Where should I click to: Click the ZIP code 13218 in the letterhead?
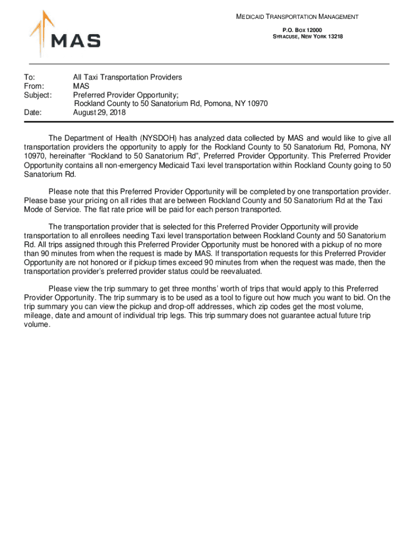(x=334, y=36)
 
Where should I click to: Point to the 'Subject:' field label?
(x=37, y=95)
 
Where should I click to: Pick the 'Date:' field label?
(x=33, y=113)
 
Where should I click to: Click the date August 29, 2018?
(x=100, y=113)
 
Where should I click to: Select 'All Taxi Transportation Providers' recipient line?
(x=127, y=77)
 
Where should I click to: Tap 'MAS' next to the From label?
(x=81, y=86)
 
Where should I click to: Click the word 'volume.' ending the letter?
(x=37, y=325)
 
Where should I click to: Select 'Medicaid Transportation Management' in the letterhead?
(x=297, y=17)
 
